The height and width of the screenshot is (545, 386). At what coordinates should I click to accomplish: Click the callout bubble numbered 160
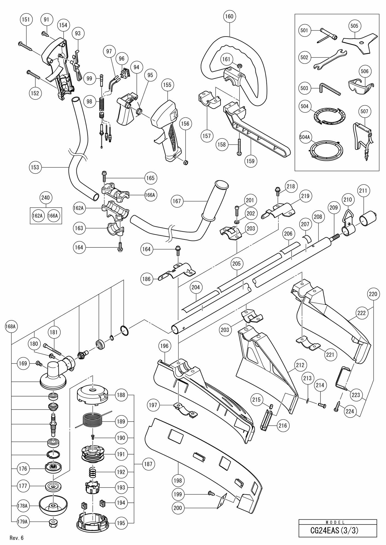tap(229, 16)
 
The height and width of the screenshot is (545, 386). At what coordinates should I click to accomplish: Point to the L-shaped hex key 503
tap(329, 89)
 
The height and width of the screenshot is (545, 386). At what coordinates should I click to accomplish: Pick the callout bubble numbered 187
tap(148, 464)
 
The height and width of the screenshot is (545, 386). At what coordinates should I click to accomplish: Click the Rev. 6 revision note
tap(17, 538)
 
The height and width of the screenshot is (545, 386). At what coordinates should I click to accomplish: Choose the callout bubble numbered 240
tap(46, 197)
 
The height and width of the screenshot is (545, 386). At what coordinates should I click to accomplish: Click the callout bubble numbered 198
tap(178, 480)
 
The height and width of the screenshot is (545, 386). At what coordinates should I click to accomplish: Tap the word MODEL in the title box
tap(337, 522)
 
